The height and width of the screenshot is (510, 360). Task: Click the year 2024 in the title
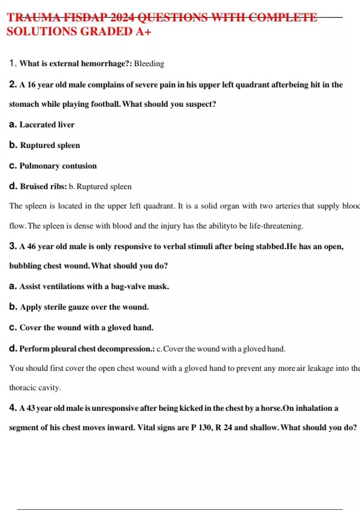click(122, 17)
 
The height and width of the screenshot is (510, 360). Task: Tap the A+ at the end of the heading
click(143, 31)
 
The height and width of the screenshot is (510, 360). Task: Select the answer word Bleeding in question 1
click(149, 64)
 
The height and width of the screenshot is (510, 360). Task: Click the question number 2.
click(13, 85)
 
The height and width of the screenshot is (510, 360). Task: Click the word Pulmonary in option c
click(39, 166)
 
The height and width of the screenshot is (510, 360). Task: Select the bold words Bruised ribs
click(43, 186)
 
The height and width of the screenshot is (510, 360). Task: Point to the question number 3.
click(13, 246)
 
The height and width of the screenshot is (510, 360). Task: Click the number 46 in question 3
click(31, 247)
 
